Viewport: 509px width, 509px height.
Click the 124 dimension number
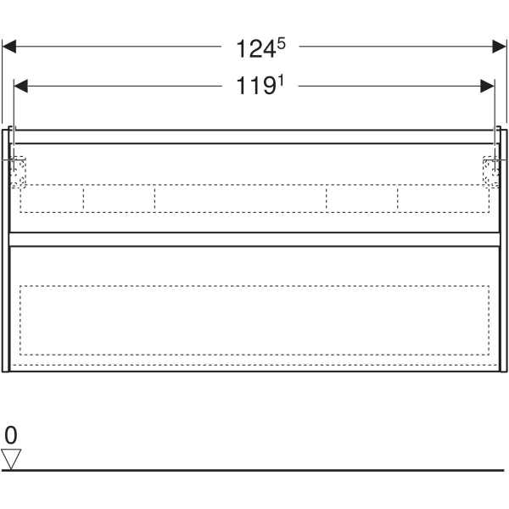point(256,49)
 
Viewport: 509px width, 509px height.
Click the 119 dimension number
point(256,86)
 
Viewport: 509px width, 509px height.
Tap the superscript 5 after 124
point(282,43)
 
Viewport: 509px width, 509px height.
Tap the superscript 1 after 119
point(281,81)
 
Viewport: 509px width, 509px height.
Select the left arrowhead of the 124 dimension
point(9,47)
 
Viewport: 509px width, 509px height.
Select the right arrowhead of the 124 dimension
point(499,47)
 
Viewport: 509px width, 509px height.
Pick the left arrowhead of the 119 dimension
point(20,86)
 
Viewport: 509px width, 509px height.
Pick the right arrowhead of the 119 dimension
point(488,86)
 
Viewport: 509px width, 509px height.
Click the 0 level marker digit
point(11,435)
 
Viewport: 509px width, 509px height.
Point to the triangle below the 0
point(11,459)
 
